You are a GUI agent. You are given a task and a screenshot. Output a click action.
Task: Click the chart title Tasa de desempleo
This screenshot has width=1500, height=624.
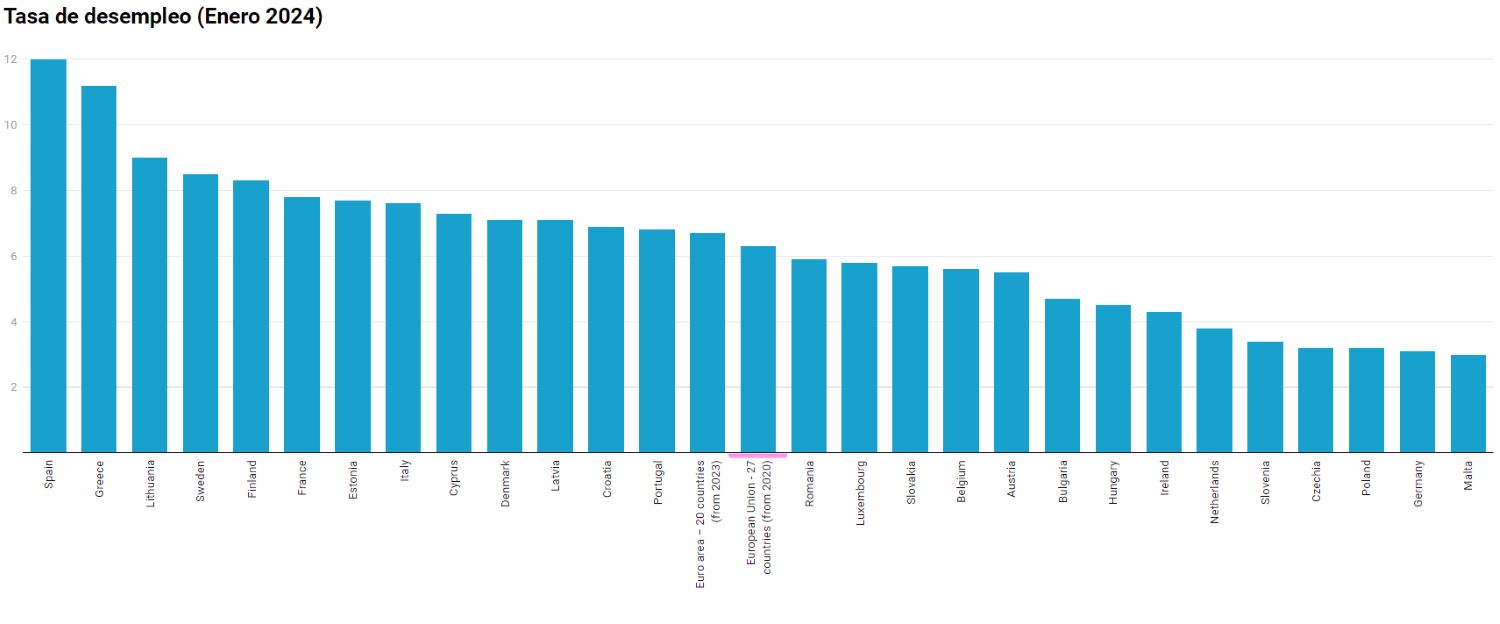pos(164,17)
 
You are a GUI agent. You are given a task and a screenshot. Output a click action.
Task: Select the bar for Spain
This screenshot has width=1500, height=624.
pos(48,255)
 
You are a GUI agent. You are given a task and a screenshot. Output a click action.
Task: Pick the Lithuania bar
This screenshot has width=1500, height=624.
pos(150,304)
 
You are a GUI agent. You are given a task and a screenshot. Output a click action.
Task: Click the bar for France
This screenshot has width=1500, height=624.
pos(302,324)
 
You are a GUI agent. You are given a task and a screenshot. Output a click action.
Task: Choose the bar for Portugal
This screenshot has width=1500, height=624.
pos(657,340)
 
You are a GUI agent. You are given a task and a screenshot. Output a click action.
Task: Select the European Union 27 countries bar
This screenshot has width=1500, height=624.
pos(758,349)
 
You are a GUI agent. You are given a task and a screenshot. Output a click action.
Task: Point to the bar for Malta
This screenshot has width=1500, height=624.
pos(1468,403)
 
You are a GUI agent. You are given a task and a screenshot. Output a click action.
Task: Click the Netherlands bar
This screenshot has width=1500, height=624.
pos(1214,390)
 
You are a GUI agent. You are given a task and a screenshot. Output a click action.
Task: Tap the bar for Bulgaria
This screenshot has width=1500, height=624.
pos(1062,375)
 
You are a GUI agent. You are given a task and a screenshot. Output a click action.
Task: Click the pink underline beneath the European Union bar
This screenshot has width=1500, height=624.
pos(758,455)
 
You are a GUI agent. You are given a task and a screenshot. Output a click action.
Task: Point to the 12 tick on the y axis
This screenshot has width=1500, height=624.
pos(10,60)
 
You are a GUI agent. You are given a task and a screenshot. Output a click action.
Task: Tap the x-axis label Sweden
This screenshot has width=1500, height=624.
pos(200,480)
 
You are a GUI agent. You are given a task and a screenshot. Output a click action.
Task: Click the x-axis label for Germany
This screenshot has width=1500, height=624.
pos(1418,484)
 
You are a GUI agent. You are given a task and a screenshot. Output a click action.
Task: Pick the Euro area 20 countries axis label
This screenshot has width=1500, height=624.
pos(707,523)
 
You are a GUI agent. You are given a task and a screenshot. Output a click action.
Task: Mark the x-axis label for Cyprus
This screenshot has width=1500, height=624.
pos(454,479)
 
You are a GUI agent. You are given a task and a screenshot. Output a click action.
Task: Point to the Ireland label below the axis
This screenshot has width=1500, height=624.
pos(1164,478)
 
